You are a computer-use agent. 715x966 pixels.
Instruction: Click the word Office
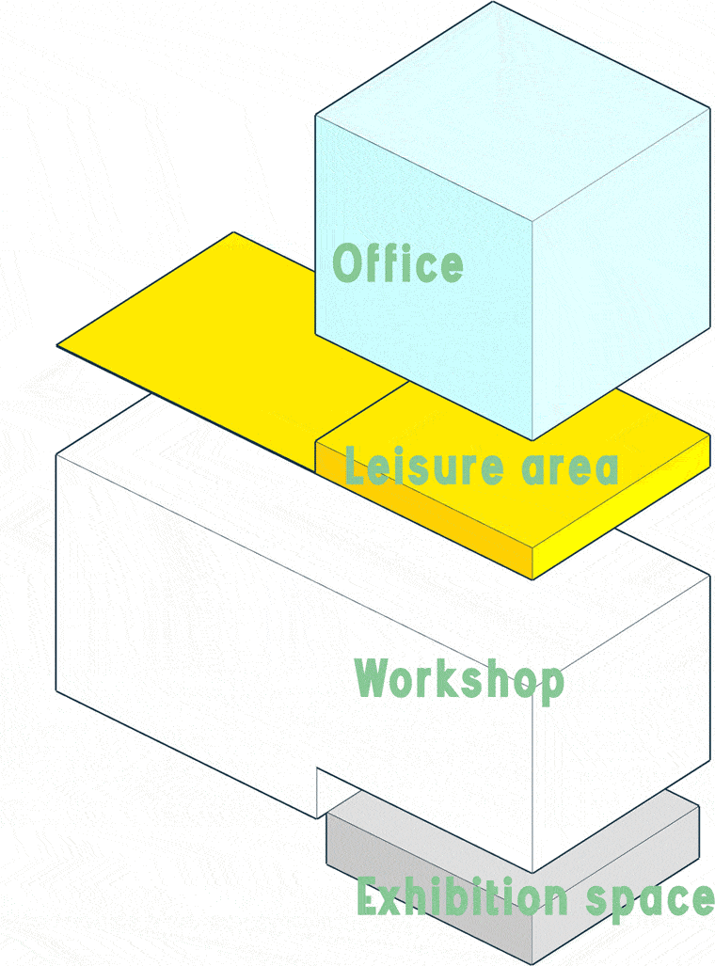coord(398,263)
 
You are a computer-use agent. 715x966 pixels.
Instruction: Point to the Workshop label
coord(459,679)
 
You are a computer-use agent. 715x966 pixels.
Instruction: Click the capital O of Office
coord(348,263)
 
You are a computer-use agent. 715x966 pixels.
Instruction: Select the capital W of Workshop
coord(374,677)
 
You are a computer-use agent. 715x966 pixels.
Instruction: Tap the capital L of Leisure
coord(354,467)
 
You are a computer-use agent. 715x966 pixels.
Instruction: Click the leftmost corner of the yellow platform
coord(58,345)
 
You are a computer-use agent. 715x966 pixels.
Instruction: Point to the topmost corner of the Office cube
coord(494,3)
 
